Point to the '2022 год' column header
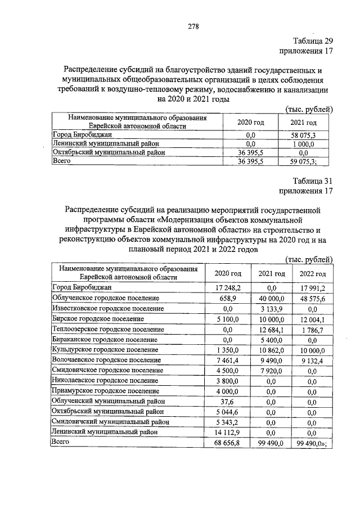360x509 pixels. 313,273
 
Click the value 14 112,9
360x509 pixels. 228,432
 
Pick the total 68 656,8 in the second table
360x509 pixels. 228,443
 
